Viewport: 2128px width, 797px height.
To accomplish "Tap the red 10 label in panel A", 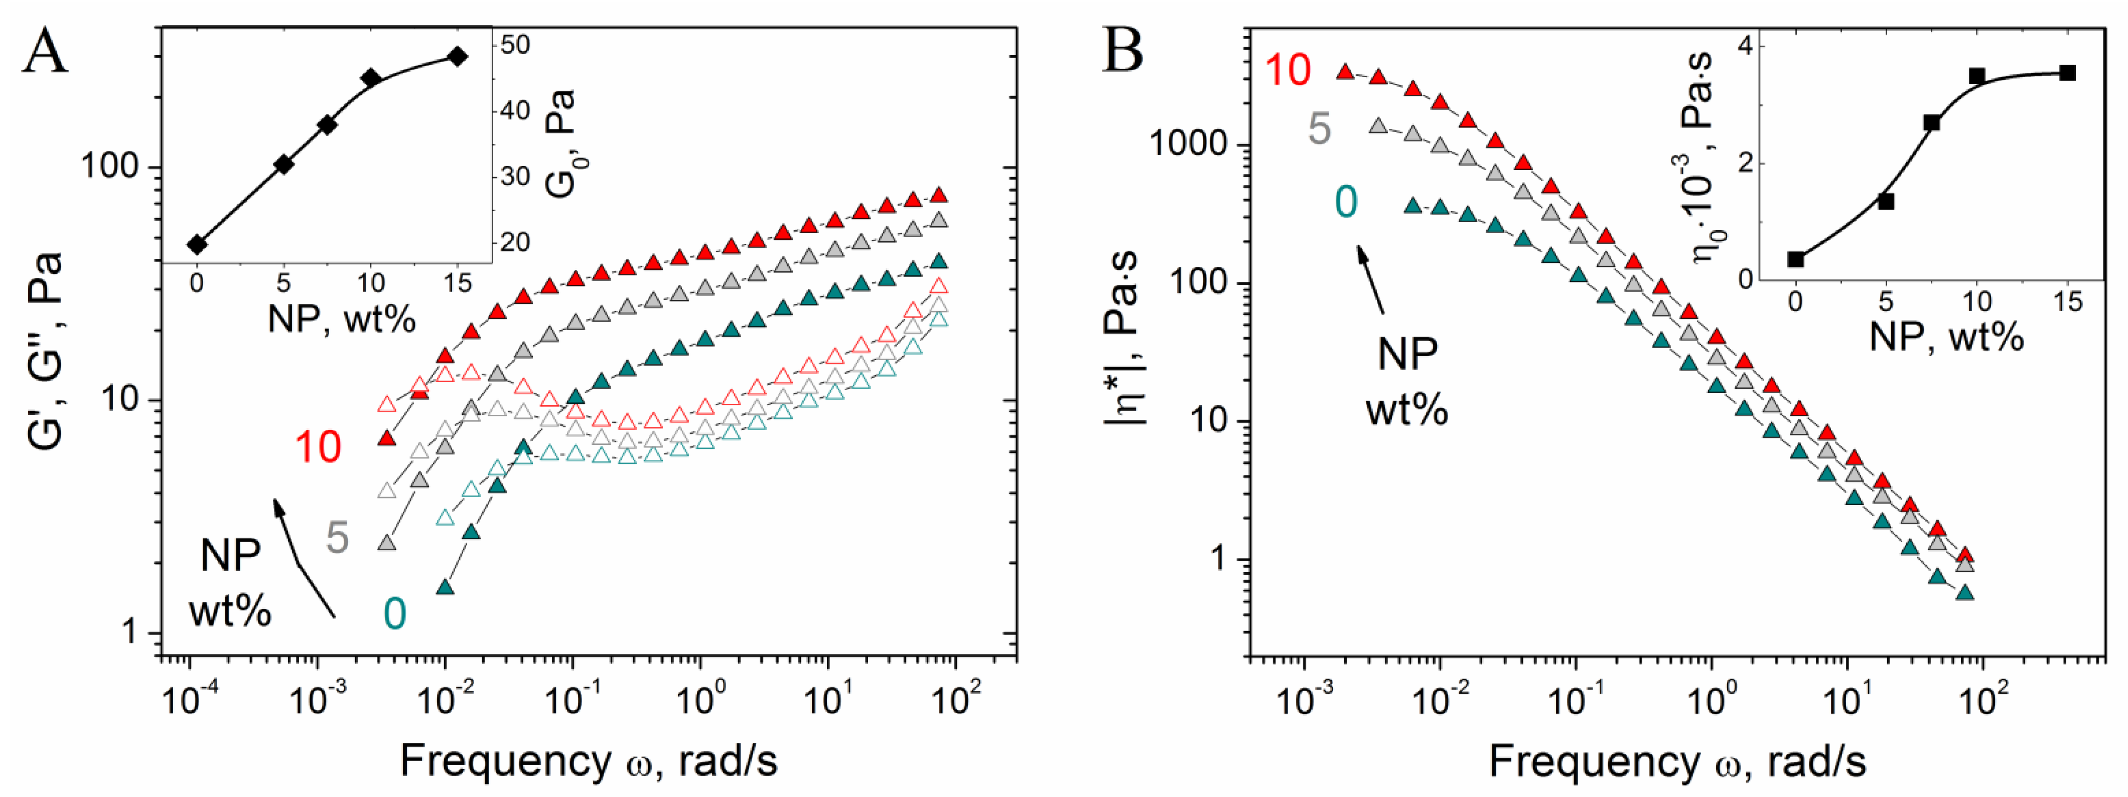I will tap(318, 447).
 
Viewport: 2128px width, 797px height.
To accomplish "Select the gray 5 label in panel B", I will tap(1320, 130).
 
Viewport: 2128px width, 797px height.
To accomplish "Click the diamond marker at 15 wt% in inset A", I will tap(457, 56).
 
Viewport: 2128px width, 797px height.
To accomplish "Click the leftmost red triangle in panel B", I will tap(1345, 72).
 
